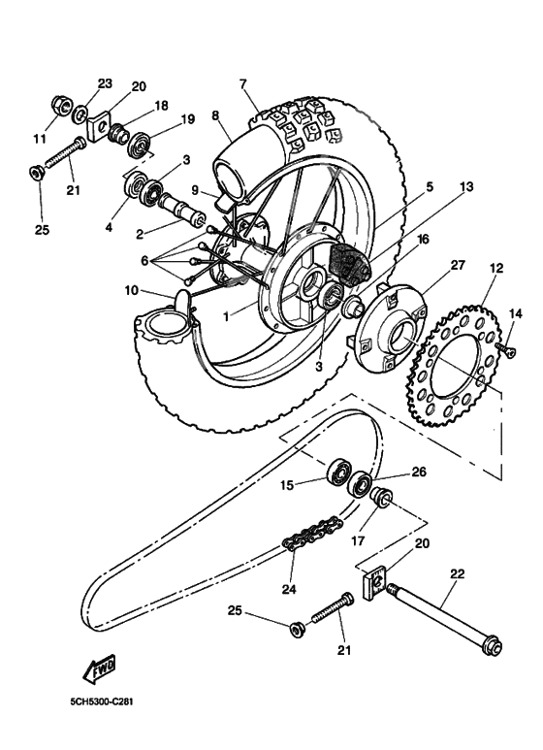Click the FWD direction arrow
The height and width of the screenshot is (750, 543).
[x=99, y=669]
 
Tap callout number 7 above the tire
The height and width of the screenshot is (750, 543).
[x=243, y=84]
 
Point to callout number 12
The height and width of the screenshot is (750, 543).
[x=495, y=268]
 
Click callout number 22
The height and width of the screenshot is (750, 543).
[x=458, y=574]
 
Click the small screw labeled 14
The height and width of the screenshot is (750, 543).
[x=504, y=346]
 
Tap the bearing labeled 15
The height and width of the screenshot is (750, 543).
[x=338, y=473]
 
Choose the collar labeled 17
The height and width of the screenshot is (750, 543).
[x=383, y=501]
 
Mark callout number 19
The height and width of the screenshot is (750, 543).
[x=187, y=119]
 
